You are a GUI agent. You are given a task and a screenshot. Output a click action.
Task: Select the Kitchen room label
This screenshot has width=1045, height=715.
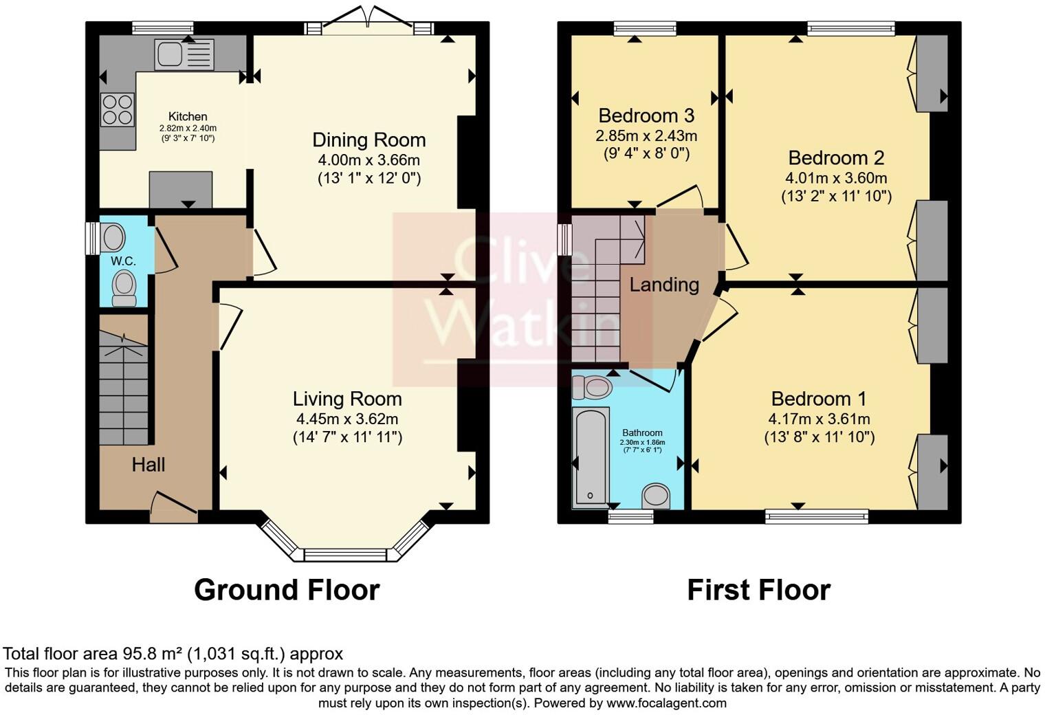click(188, 117)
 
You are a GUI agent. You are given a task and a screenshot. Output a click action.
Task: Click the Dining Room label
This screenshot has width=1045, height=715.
click(369, 140)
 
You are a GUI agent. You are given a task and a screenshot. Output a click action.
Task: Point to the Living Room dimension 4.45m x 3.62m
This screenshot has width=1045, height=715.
click(347, 419)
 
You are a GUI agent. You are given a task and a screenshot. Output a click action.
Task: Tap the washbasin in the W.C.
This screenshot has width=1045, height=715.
click(113, 238)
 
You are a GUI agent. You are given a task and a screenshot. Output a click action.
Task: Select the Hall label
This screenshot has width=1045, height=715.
click(148, 465)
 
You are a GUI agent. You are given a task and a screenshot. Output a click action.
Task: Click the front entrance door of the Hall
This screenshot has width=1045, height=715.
click(173, 506)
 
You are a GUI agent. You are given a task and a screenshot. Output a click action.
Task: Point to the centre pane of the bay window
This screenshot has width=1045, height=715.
click(346, 554)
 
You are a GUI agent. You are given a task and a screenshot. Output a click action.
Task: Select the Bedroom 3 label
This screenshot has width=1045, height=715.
click(646, 115)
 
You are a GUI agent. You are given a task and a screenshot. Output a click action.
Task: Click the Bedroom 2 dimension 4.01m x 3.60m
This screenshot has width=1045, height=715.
click(836, 178)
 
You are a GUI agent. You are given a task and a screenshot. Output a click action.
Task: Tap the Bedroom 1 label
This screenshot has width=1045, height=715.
click(818, 399)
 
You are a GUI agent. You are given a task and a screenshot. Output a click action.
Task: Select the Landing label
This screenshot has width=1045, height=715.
click(664, 285)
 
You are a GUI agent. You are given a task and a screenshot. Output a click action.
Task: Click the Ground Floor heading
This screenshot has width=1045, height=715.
click(287, 590)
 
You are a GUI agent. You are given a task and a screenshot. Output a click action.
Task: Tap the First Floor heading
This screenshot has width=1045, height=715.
click(758, 590)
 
